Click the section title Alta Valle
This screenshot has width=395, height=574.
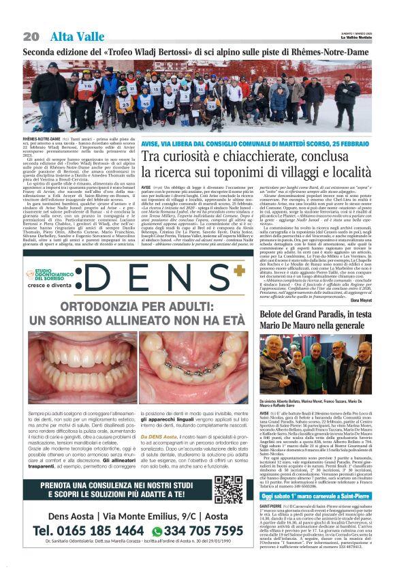coord(72,36)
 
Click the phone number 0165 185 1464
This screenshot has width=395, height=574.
coord(89,530)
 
